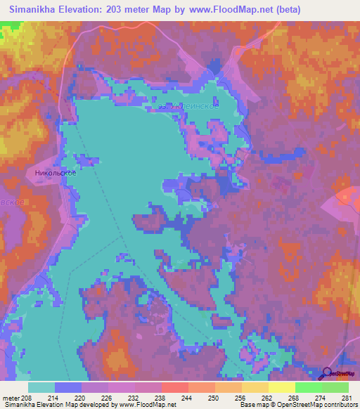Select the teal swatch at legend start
point(41,387)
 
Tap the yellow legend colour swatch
point(281,387)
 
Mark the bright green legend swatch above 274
point(308,387)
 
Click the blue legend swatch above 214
point(68,387)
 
